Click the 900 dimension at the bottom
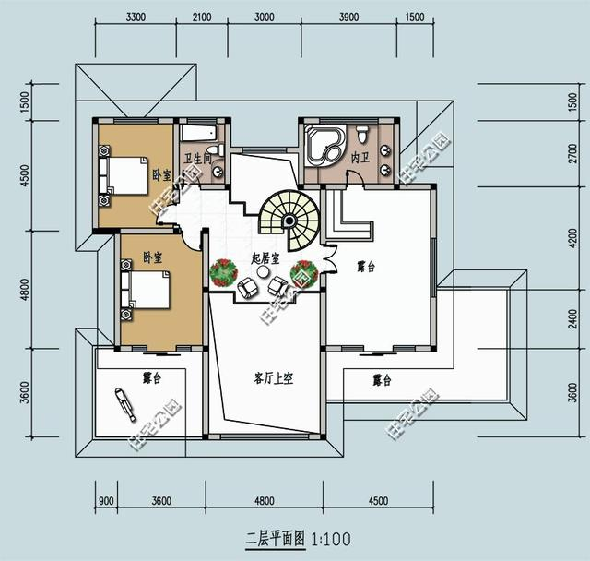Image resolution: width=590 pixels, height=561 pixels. pyautogui.click(x=106, y=502)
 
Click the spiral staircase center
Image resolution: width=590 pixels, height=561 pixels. pyautogui.click(x=289, y=221)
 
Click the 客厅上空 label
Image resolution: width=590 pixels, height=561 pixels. pyautogui.click(x=273, y=379)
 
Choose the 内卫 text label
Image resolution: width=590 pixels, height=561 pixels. pyautogui.click(x=360, y=158)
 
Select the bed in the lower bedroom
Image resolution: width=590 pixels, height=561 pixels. pyautogui.click(x=145, y=291)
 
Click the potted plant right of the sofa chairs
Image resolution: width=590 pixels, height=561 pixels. pyautogui.click(x=303, y=273)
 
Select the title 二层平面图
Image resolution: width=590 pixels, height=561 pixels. pyautogui.click(x=277, y=537)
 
